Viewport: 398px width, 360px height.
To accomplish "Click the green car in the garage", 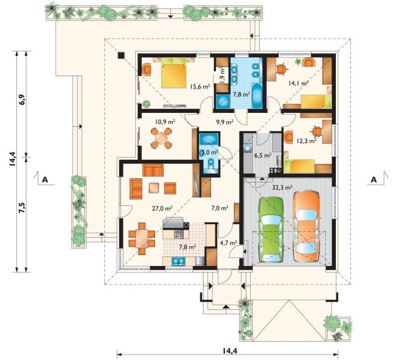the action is click(x=271, y=230).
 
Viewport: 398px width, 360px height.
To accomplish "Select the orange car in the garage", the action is click(x=306, y=227).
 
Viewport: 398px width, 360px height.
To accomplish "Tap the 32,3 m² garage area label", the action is click(x=282, y=188).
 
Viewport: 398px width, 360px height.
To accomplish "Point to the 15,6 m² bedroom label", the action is click(x=200, y=87).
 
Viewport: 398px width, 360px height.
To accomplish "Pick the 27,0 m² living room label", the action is click(x=162, y=209).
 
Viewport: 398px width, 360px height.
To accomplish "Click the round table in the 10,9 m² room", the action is click(x=161, y=138).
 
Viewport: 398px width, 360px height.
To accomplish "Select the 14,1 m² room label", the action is click(x=298, y=83).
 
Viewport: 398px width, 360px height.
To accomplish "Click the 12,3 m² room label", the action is click(x=306, y=141).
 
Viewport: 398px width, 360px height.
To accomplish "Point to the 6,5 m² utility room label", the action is click(x=263, y=155).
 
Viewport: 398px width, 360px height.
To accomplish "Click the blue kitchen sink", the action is click(x=178, y=261).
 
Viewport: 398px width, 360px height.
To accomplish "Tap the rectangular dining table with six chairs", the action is click(x=142, y=239).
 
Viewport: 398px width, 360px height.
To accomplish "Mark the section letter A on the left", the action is click(x=45, y=180).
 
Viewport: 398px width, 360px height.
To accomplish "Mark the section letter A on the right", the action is click(x=374, y=180).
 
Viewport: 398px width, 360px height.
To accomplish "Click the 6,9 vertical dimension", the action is click(x=22, y=99).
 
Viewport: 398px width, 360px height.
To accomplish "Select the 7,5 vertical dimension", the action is click(x=22, y=208).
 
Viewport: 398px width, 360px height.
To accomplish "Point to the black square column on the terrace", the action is click(x=121, y=55).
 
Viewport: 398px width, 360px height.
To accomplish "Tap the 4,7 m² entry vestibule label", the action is click(x=229, y=243).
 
